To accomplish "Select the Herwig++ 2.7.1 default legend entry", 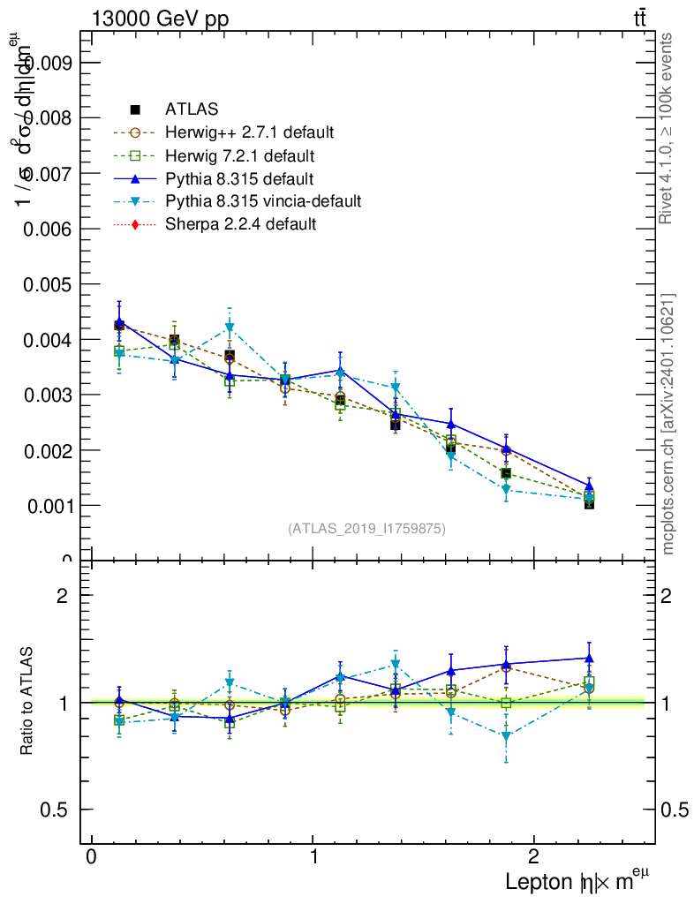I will (x=249, y=132).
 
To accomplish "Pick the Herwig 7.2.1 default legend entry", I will (x=239, y=156).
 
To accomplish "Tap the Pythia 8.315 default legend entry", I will (x=239, y=179).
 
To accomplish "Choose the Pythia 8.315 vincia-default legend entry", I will (x=263, y=201).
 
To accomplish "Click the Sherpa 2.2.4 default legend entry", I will (x=240, y=224).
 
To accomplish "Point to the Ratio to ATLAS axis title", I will (x=27, y=702).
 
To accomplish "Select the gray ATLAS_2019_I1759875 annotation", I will (x=366, y=529).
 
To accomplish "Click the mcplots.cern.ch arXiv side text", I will (x=668, y=424).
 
